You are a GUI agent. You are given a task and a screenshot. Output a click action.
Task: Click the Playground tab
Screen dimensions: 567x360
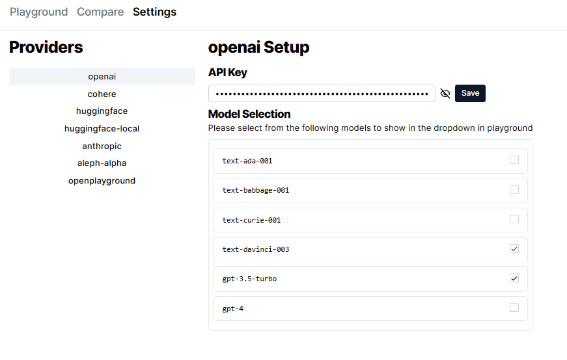pyautogui.click(x=38, y=12)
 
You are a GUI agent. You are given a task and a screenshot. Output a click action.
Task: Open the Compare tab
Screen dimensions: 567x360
pyautogui.click(x=100, y=12)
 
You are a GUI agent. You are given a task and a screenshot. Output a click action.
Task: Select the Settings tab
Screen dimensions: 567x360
pyautogui.click(x=154, y=12)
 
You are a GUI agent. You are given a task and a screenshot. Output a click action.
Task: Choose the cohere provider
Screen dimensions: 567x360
pyautogui.click(x=102, y=94)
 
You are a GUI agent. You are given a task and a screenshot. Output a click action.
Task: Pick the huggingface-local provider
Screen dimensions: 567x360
pyautogui.click(x=102, y=128)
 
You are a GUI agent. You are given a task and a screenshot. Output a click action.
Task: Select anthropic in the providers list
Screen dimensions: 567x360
pyautogui.click(x=102, y=146)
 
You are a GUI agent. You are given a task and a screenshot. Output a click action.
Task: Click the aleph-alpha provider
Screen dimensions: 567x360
pyautogui.click(x=102, y=163)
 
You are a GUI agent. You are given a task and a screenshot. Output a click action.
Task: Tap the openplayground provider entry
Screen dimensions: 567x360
pyautogui.click(x=102, y=180)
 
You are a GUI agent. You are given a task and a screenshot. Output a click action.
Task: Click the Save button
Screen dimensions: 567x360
pyautogui.click(x=470, y=93)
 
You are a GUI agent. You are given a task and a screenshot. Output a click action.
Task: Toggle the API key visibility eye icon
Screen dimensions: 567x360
pyautogui.click(x=445, y=93)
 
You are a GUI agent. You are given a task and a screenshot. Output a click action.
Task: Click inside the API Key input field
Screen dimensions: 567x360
pyautogui.click(x=322, y=93)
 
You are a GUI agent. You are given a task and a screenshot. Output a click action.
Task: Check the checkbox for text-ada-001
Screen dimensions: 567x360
pyautogui.click(x=514, y=160)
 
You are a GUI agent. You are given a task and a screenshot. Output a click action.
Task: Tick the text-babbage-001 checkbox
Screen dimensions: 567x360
pyautogui.click(x=514, y=189)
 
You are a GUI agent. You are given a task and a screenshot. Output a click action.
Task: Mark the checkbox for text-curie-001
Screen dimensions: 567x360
pyautogui.click(x=514, y=219)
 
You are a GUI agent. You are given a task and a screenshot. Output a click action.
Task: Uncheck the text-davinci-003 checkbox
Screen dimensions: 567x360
pyautogui.click(x=514, y=249)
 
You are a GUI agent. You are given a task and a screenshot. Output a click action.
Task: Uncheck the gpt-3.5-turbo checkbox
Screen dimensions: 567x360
pyautogui.click(x=514, y=278)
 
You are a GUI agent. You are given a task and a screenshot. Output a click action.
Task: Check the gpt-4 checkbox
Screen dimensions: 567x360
pyautogui.click(x=514, y=308)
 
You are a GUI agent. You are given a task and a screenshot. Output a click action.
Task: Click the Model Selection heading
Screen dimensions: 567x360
pyautogui.click(x=249, y=114)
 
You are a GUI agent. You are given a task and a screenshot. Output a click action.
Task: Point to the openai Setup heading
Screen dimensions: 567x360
pyautogui.click(x=258, y=47)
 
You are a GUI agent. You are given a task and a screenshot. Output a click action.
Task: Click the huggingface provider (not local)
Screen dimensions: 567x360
pyautogui.click(x=102, y=111)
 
